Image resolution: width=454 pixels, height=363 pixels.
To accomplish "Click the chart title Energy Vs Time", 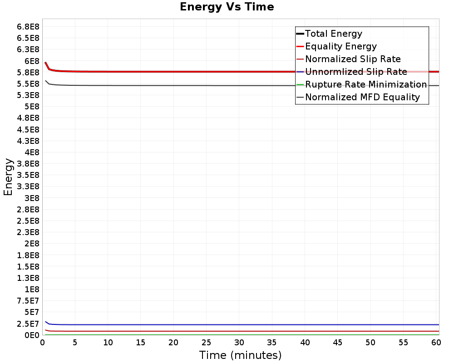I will pos(227,7).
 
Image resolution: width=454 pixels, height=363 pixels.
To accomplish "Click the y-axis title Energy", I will pos(8,177).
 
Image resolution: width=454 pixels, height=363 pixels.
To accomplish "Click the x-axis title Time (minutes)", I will pos(240,355).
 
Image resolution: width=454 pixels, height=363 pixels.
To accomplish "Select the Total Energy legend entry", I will pos(334,34).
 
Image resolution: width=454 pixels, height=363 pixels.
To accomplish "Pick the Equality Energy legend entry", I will pos(341,46).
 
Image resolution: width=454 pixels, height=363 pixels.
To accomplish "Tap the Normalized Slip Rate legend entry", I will pos(353,59).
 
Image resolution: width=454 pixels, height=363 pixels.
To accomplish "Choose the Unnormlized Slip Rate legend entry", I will pos(356,72).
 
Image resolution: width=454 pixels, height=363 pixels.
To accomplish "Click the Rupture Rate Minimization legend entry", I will pos(366,84).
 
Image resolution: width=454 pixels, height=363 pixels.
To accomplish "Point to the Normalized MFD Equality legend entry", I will pos(362,97).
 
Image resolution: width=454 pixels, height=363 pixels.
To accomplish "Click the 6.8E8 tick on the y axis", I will pos(26,26).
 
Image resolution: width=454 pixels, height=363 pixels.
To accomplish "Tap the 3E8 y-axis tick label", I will pos(30,198).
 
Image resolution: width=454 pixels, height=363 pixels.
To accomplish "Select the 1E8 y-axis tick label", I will pos(30,289).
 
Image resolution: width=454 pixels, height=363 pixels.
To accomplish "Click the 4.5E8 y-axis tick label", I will pos(26,129).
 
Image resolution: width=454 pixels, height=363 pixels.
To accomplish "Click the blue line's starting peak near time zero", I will pos(45,321).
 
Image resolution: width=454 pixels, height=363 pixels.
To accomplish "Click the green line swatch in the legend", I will pos(300,84).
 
